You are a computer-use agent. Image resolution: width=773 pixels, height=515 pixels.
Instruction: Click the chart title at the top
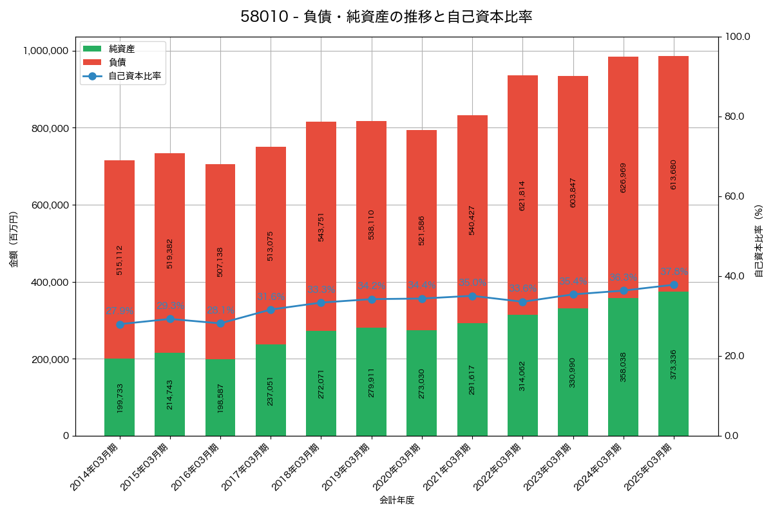pos(386,17)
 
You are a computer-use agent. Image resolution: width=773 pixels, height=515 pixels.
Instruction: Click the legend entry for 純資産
pos(121,49)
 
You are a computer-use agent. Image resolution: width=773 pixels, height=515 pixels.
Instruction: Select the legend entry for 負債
pos(117,62)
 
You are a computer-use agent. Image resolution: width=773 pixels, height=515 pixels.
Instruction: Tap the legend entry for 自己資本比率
pos(135,76)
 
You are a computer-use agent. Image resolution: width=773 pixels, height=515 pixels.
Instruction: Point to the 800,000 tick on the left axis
pos(50,128)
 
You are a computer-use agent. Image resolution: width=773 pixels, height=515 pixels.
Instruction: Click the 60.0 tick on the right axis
pos(734,196)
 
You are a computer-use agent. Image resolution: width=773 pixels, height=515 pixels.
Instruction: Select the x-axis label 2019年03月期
pos(347,468)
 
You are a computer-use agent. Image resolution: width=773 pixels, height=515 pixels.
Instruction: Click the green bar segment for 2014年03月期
pos(120,397)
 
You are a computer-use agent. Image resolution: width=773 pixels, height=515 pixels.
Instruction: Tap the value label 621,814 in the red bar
pos(522,195)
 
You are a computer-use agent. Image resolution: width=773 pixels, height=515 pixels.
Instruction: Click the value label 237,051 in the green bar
pos(271,391)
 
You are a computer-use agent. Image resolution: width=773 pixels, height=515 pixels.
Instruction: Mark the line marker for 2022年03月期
pos(522,302)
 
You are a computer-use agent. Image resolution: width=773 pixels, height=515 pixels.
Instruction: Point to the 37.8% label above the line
pos(674,272)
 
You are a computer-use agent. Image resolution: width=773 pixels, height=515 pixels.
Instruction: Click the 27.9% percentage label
pos(120,311)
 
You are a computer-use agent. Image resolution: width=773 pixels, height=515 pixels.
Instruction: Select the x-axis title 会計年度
pos(396,500)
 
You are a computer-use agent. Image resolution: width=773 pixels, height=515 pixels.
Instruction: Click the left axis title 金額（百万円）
pos(14,239)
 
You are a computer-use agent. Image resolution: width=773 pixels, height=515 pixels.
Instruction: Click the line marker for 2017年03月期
pos(271,310)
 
